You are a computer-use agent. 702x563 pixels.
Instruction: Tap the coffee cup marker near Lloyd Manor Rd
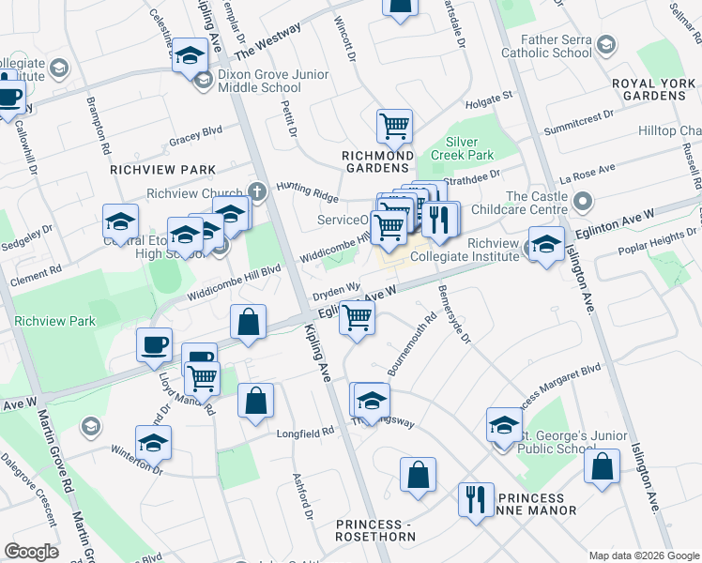point(154,343)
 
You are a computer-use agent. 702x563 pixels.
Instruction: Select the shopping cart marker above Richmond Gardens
point(394,125)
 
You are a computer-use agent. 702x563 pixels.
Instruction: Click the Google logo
point(32,552)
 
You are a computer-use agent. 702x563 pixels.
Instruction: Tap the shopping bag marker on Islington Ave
point(602,464)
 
